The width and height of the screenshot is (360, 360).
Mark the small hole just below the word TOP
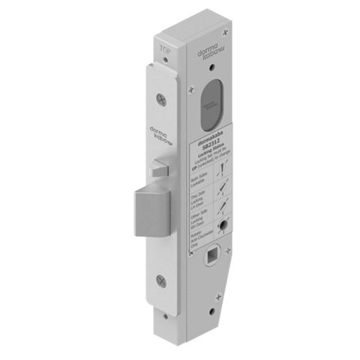point(168,64)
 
